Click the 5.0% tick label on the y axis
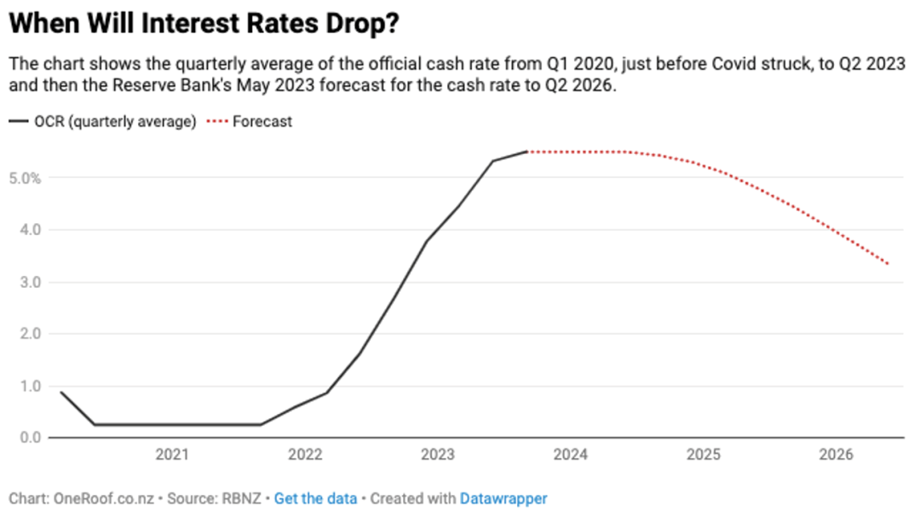(25, 178)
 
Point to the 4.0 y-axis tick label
(31, 229)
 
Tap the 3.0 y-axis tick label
(31, 282)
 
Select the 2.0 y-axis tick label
(31, 334)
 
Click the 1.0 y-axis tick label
(31, 386)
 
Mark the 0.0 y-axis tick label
(31, 438)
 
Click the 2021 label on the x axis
(172, 455)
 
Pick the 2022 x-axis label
(305, 455)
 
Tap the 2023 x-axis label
(438, 455)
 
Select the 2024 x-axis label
(570, 455)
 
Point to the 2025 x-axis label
(704, 455)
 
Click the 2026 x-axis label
(837, 455)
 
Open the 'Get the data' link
(316, 499)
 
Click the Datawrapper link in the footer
(503, 499)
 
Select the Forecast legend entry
(250, 122)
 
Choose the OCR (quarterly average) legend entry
(103, 122)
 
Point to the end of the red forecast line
(888, 264)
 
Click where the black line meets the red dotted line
(527, 152)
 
